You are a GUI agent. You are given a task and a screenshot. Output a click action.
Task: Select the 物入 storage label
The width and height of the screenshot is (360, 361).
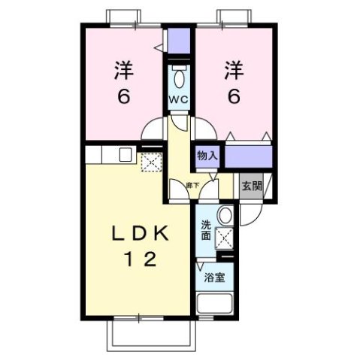coord(207,156)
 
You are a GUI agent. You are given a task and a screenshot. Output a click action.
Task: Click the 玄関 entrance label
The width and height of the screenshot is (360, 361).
coord(252,187)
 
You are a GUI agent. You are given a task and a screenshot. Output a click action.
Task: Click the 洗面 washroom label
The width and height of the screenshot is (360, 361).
coord(206,229)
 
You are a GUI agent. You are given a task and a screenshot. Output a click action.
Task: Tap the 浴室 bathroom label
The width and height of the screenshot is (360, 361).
coord(214,276)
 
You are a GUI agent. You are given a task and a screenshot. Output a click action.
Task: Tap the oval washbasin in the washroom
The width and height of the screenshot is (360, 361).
coord(223,217)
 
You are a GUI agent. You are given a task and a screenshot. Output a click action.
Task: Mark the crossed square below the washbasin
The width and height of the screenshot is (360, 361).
coord(223,239)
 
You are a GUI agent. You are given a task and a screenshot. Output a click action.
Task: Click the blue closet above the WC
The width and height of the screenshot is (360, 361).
coord(179,41)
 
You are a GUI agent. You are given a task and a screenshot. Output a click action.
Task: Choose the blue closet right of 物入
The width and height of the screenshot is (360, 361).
coord(248,156)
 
